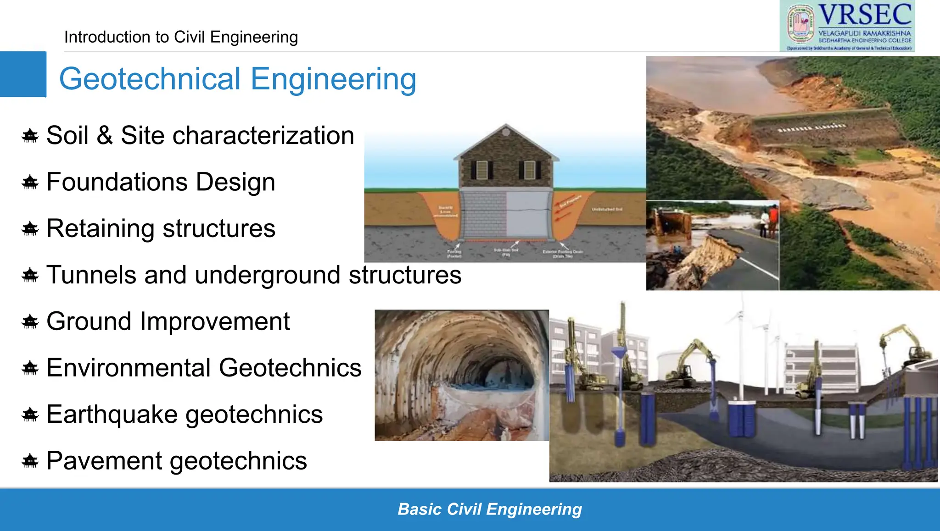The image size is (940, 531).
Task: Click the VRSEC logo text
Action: [x=865, y=15]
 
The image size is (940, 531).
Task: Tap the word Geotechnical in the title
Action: [x=150, y=79]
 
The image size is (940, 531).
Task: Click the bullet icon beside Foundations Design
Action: [x=30, y=183]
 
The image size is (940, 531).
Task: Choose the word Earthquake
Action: [x=112, y=415]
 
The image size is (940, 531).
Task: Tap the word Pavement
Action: [x=104, y=461]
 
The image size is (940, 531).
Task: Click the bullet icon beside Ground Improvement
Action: [x=30, y=322]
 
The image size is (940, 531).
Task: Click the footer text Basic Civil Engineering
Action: [x=489, y=509]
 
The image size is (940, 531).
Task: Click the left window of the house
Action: [x=481, y=170]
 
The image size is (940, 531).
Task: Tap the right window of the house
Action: [x=530, y=170]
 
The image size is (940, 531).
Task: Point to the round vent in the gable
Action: [x=506, y=133]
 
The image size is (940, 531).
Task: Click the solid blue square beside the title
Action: [x=23, y=74]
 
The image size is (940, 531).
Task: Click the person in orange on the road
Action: [x=773, y=220]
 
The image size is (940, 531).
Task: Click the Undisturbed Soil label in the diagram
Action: [x=607, y=209]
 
